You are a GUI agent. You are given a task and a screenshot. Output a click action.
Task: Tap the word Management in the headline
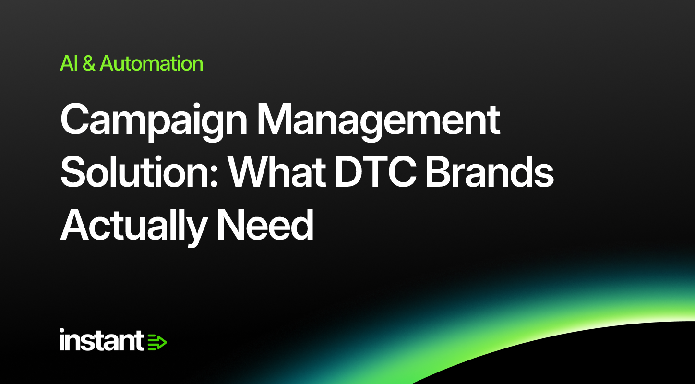[x=378, y=121]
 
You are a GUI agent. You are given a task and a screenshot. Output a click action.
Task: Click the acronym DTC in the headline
[x=376, y=171]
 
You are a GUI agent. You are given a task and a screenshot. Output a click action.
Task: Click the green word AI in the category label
[x=69, y=63]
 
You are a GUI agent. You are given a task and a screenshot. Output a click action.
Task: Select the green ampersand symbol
[x=89, y=63]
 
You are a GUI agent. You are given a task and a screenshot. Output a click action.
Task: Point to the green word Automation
[x=151, y=63]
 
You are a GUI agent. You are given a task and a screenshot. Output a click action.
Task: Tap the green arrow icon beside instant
[x=157, y=342]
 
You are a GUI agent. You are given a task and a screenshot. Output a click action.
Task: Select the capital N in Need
[x=231, y=225]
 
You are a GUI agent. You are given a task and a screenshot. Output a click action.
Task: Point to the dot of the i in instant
[x=62, y=330]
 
